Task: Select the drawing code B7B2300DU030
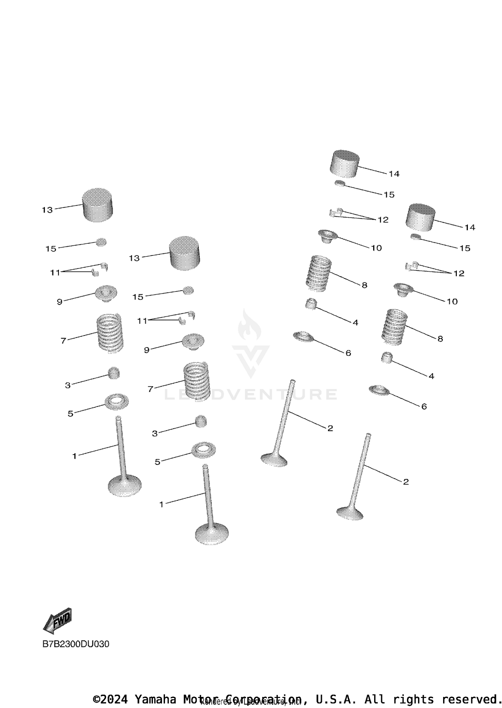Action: (x=76, y=644)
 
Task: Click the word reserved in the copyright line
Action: (x=470, y=699)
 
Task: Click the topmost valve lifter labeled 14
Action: (x=345, y=164)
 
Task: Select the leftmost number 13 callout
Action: (x=47, y=210)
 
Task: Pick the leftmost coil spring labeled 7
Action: (x=110, y=333)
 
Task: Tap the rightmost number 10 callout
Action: (x=452, y=301)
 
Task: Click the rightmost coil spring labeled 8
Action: (x=394, y=327)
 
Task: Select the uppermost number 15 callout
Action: (x=389, y=194)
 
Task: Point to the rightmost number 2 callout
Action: (x=406, y=482)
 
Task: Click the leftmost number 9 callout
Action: (x=60, y=302)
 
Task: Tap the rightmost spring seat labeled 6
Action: (x=380, y=390)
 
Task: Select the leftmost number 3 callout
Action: (x=68, y=385)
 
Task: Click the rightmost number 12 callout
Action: (x=459, y=273)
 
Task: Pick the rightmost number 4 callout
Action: (x=431, y=376)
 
